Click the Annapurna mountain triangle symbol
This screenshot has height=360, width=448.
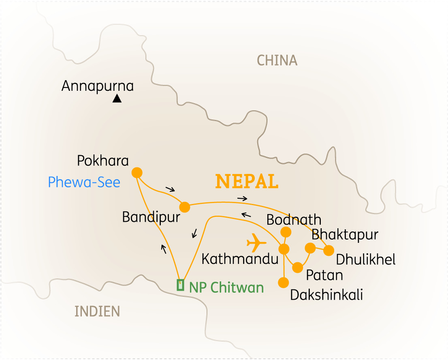pos(117,98)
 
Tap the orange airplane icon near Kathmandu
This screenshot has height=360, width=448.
pos(256,242)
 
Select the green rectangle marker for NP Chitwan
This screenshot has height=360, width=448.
pos(181,285)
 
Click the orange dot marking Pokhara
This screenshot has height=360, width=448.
pos(137,172)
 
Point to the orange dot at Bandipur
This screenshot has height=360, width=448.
pos(184,207)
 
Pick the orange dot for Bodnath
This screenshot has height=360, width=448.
pos(286,231)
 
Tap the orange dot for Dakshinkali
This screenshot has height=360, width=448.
pos(284,282)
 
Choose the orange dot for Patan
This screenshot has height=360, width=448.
pos(298,268)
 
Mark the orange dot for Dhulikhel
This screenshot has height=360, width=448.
pos(329,251)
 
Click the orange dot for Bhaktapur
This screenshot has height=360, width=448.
pos(310,248)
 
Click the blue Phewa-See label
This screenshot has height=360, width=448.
pos(84,182)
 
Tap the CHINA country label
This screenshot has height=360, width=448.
pos(277,60)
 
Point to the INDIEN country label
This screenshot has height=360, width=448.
pos(97,311)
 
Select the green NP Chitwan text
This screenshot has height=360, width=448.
pos(226,287)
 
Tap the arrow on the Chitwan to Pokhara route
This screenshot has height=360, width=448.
pos(164,249)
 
